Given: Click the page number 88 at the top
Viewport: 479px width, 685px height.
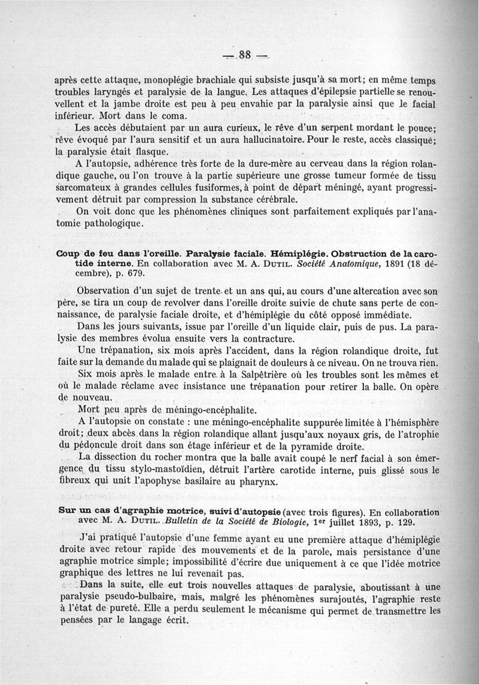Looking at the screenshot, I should (244, 54).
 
